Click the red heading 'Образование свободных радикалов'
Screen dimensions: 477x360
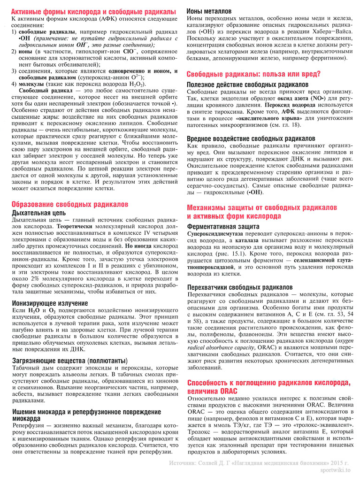pyautogui.click(x=69, y=204)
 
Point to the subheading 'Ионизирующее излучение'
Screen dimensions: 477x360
pyautogui.click(x=50, y=303)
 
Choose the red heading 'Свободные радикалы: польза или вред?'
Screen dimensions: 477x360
pyautogui.click(x=253, y=74)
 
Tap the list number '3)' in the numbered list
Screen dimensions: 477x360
pyautogui.click(x=14, y=71)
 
